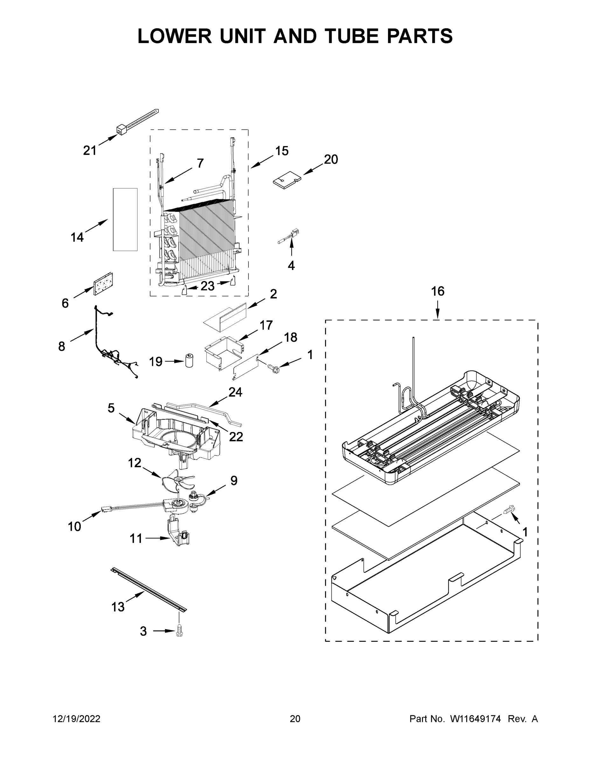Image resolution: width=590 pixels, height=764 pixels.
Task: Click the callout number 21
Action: pyautogui.click(x=89, y=151)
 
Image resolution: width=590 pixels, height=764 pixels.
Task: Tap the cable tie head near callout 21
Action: pyautogui.click(x=121, y=130)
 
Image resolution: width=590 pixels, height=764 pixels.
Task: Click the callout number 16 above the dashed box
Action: pyautogui.click(x=438, y=291)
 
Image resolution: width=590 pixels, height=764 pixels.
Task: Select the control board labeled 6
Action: pyautogui.click(x=103, y=283)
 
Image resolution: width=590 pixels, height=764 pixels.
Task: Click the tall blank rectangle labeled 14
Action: pyautogui.click(x=125, y=219)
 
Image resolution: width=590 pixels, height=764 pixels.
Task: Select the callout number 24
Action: pyautogui.click(x=235, y=392)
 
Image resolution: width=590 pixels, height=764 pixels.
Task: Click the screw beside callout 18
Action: pyautogui.click(x=271, y=367)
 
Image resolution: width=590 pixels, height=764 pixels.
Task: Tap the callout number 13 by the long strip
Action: pyautogui.click(x=118, y=607)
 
